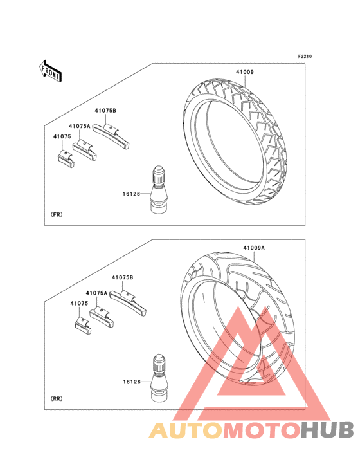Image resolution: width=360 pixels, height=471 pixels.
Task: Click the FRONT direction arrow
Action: click(x=50, y=71)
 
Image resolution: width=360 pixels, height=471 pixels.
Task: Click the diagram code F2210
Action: click(x=305, y=56)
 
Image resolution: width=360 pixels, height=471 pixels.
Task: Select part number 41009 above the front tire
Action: click(x=244, y=72)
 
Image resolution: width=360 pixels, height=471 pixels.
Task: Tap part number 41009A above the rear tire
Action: click(x=254, y=248)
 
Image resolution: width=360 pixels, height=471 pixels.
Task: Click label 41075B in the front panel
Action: click(x=105, y=111)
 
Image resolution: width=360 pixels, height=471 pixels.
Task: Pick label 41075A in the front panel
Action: click(x=80, y=127)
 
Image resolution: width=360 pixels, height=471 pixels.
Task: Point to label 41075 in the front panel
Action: click(x=62, y=136)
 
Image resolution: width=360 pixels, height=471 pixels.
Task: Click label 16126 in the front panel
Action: click(x=131, y=194)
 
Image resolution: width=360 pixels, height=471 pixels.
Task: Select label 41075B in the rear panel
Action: click(x=122, y=277)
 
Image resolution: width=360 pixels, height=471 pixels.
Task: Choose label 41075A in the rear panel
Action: click(x=96, y=293)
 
